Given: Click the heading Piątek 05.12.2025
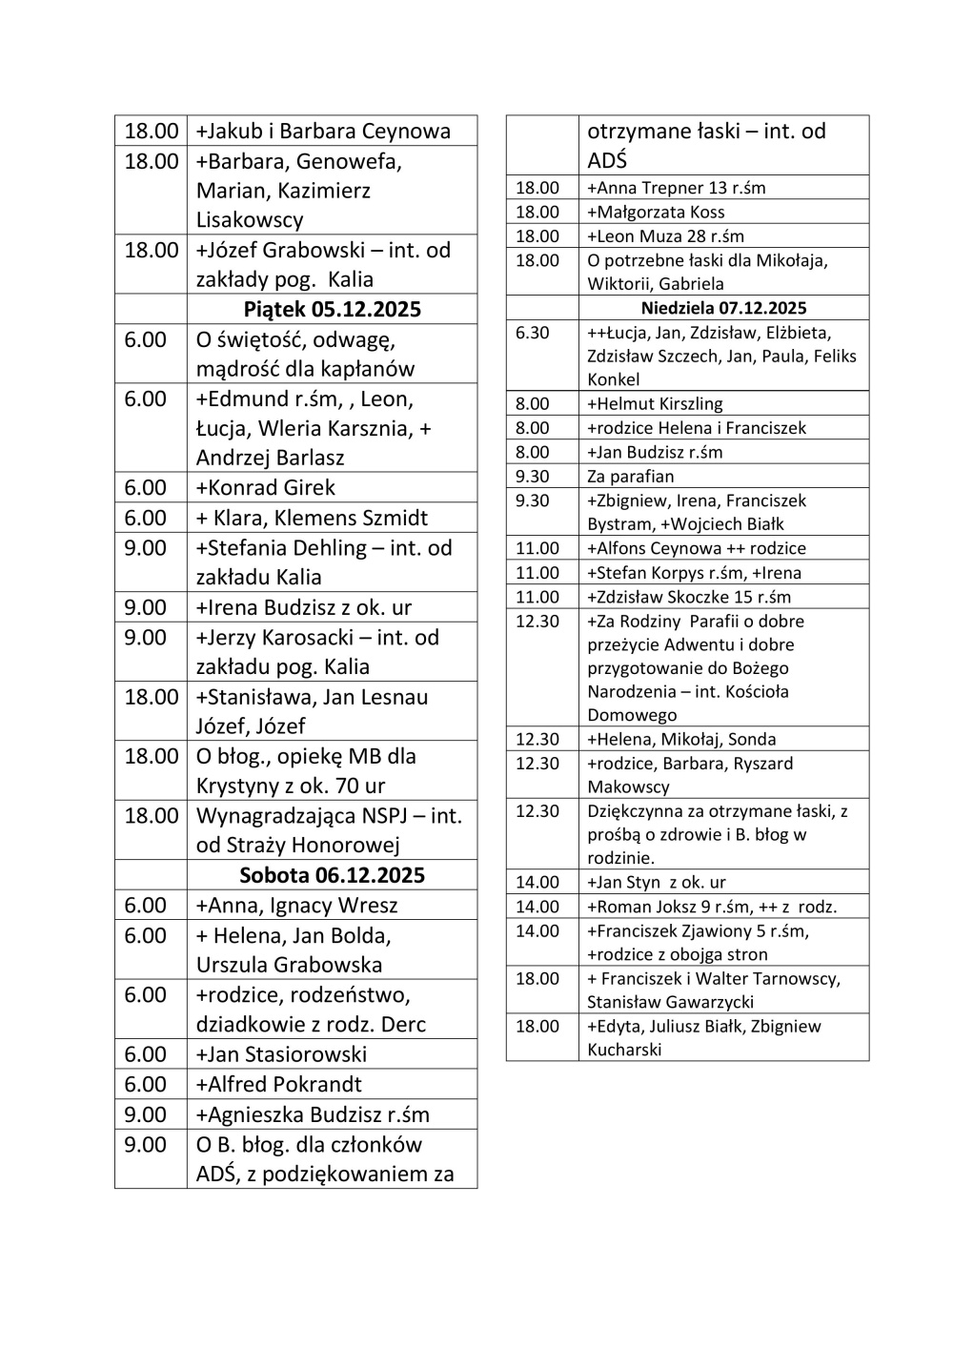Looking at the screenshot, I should click(332, 310).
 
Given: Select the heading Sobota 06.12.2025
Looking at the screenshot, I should click(332, 875).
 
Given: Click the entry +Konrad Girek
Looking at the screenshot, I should click(266, 488).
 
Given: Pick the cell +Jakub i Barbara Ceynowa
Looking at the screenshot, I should click(323, 132).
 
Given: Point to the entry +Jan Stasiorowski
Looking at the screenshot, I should click(281, 1054).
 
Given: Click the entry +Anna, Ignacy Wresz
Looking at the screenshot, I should click(296, 906).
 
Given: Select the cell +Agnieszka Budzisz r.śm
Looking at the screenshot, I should click(313, 1114).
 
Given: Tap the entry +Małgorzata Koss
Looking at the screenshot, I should click(656, 212).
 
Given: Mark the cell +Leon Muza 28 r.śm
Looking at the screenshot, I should click(665, 236).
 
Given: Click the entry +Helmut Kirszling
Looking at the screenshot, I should click(655, 404).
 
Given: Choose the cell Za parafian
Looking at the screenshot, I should click(630, 477).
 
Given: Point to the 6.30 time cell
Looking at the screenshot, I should click(533, 333).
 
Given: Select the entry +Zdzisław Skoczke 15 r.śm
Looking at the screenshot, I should click(689, 597).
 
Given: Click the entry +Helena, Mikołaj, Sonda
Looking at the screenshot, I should click(681, 739).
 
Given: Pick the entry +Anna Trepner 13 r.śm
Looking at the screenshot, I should click(676, 188).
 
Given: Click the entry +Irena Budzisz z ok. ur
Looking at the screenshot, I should click(304, 607).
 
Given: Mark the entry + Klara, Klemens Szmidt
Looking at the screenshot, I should click(312, 519).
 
